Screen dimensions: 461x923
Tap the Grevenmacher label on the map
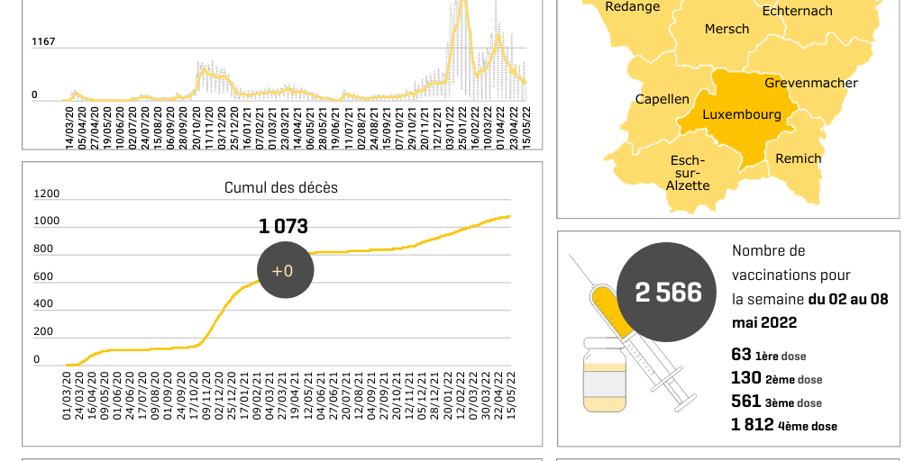click(x=811, y=83)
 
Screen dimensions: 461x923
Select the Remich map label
click(x=798, y=158)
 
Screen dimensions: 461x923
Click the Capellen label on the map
click(x=663, y=99)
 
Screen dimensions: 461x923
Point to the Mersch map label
click(x=727, y=29)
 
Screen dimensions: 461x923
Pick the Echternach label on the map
click(x=797, y=11)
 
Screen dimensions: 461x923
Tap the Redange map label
click(x=632, y=7)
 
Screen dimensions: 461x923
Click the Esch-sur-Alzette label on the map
click(x=688, y=173)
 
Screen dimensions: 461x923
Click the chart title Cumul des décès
click(x=281, y=187)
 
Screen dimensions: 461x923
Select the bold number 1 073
click(x=283, y=226)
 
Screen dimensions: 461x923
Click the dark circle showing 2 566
click(x=668, y=292)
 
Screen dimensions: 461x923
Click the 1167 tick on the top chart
click(x=43, y=41)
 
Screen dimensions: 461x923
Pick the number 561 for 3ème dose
click(x=745, y=402)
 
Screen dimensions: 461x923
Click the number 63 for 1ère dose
click(x=740, y=356)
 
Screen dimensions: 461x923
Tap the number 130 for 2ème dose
click(x=745, y=379)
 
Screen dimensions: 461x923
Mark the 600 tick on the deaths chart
click(x=43, y=276)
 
